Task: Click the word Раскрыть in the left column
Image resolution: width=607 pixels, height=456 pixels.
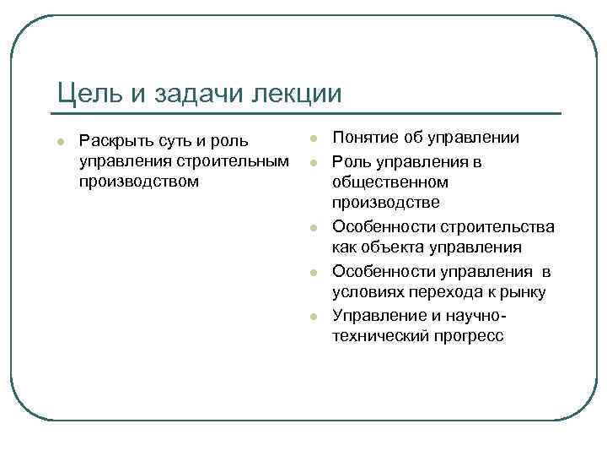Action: click(x=111, y=138)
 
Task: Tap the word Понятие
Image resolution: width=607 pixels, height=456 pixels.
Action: click(x=366, y=138)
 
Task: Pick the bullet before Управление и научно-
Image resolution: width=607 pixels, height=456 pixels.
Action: click(x=312, y=315)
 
